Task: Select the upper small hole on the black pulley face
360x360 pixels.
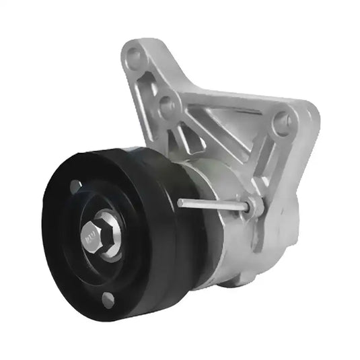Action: (x=75, y=186)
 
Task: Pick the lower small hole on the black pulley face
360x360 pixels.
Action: (x=108, y=299)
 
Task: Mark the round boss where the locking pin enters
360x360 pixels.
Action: (x=255, y=207)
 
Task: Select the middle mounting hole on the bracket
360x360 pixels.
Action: (x=166, y=106)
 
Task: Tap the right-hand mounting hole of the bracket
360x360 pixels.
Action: (x=283, y=123)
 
